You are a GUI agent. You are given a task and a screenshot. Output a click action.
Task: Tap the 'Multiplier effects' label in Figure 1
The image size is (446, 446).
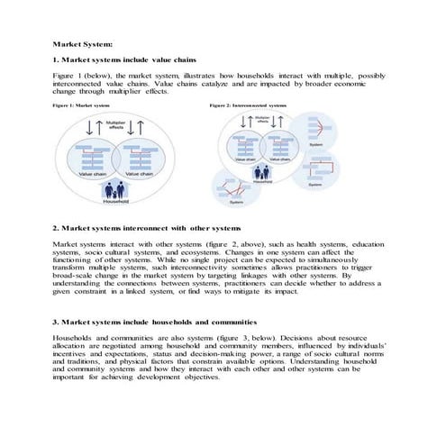point(115,124)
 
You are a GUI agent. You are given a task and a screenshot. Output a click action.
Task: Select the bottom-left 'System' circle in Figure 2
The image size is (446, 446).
point(235,194)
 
